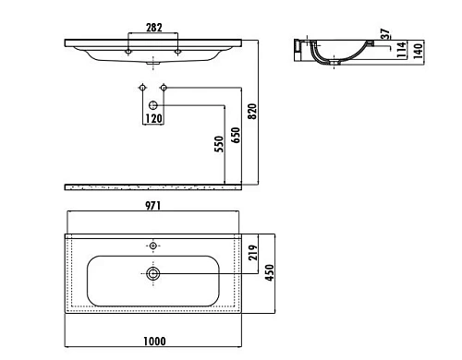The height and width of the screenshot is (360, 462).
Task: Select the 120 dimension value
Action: pyautogui.click(x=152, y=119)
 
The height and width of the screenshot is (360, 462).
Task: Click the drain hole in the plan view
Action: pyautogui.click(x=153, y=273)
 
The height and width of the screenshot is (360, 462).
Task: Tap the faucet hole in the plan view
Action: pyautogui.click(x=153, y=246)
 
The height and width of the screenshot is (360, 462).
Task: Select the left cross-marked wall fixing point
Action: pyautogui.click(x=141, y=88)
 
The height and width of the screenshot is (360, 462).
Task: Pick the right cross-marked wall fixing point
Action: pyautogui.click(x=164, y=88)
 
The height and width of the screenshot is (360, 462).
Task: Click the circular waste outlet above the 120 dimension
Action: pyautogui.click(x=152, y=106)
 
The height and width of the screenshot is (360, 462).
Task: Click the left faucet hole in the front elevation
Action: pyautogui.click(x=128, y=51)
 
